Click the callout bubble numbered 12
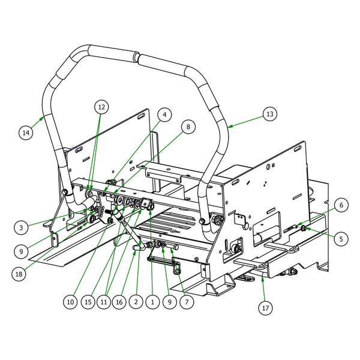101,107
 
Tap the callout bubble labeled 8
188,127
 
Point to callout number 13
269,114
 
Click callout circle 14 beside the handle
25,131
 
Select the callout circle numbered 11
105,303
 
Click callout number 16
120,303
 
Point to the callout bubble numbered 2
137,303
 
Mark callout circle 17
265,309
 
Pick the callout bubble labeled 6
340,205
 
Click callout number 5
340,238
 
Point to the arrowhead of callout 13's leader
229,125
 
